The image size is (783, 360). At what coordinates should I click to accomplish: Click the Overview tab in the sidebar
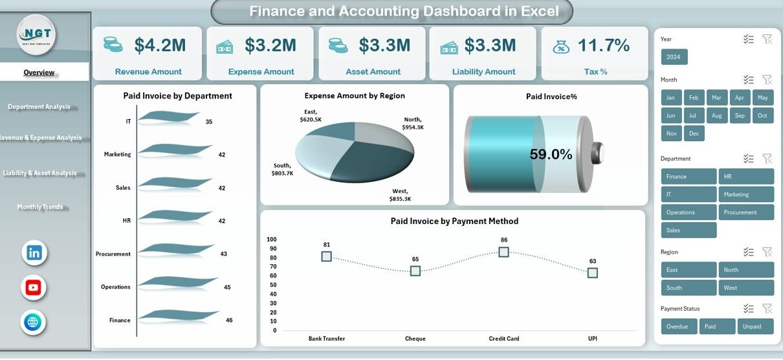click(39, 73)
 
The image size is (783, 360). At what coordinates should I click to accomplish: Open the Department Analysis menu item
click(39, 107)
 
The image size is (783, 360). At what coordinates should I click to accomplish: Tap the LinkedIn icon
click(34, 253)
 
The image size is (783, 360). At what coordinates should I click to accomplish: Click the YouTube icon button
click(34, 287)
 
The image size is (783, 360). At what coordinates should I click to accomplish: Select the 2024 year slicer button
click(674, 57)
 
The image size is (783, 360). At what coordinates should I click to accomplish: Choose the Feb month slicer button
click(694, 98)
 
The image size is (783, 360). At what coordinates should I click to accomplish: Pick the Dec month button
click(694, 133)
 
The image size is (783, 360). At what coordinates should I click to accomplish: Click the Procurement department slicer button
click(745, 212)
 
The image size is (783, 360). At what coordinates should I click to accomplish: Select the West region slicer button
click(745, 287)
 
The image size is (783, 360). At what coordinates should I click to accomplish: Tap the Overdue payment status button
click(679, 326)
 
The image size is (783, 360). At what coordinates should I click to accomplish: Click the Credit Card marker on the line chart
click(503, 252)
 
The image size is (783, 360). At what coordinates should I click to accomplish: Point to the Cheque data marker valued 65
click(415, 271)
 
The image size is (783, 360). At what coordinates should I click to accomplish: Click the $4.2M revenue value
click(160, 45)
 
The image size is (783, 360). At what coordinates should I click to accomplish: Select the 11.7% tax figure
click(603, 45)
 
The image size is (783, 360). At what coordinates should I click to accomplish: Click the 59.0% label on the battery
click(551, 154)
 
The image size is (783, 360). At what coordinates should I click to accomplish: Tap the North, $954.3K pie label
click(412, 123)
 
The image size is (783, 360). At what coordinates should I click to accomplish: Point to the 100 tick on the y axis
click(272, 240)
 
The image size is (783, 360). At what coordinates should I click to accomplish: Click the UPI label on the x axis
click(592, 339)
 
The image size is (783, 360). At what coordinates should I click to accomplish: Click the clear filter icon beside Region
click(767, 252)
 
